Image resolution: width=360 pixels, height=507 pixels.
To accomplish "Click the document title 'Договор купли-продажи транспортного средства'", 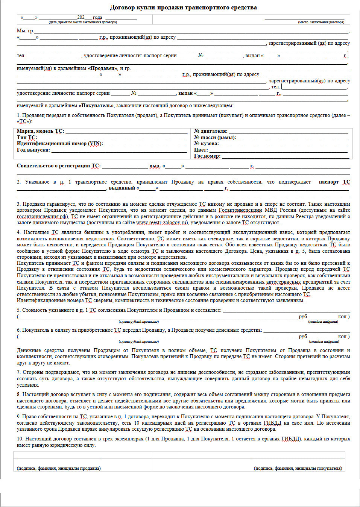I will tap(183, 8).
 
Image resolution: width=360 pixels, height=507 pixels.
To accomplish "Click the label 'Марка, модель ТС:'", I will tap(40, 131).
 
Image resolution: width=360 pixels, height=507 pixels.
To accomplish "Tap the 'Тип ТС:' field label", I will tap(27, 137).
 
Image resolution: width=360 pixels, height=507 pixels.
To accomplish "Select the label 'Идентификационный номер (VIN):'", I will tap(59, 144).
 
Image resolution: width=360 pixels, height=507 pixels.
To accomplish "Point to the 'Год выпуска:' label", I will tap(33, 150).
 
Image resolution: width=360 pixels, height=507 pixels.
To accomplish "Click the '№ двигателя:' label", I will tap(211, 131).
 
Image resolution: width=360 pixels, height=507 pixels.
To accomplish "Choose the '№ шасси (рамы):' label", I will tap(215, 137).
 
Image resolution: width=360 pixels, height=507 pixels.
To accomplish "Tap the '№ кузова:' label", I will tap(206, 144).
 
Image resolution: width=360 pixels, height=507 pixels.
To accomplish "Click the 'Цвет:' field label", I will tap(201, 150).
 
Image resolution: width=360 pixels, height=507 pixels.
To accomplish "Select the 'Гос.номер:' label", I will tap(207, 156).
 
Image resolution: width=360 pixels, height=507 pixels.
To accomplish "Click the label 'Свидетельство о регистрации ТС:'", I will tap(59, 166).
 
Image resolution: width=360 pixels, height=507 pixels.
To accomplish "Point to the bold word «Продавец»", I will tap(103, 68).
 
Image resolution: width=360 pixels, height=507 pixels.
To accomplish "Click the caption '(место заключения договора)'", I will tap(321, 22).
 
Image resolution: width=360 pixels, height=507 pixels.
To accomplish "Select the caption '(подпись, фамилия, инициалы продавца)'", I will tap(59, 468).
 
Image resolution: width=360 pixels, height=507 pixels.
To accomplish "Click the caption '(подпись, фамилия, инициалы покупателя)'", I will tap(298, 468).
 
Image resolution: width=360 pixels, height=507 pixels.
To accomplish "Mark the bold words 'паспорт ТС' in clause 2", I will tap(334, 182).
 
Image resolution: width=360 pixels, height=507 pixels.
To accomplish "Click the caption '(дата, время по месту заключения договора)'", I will tap(82, 22).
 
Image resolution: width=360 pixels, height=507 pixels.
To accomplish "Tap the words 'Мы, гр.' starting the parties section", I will tap(25, 31).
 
